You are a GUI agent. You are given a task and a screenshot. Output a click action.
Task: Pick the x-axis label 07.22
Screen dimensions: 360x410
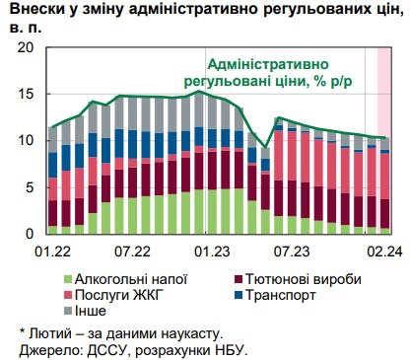coord(131,252)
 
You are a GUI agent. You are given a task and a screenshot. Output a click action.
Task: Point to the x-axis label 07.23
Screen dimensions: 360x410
coord(289,252)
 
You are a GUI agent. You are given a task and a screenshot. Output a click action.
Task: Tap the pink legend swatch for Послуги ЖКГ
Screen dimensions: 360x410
coord(67,296)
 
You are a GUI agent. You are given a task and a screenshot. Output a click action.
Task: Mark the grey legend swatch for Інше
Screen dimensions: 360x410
coord(67,312)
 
